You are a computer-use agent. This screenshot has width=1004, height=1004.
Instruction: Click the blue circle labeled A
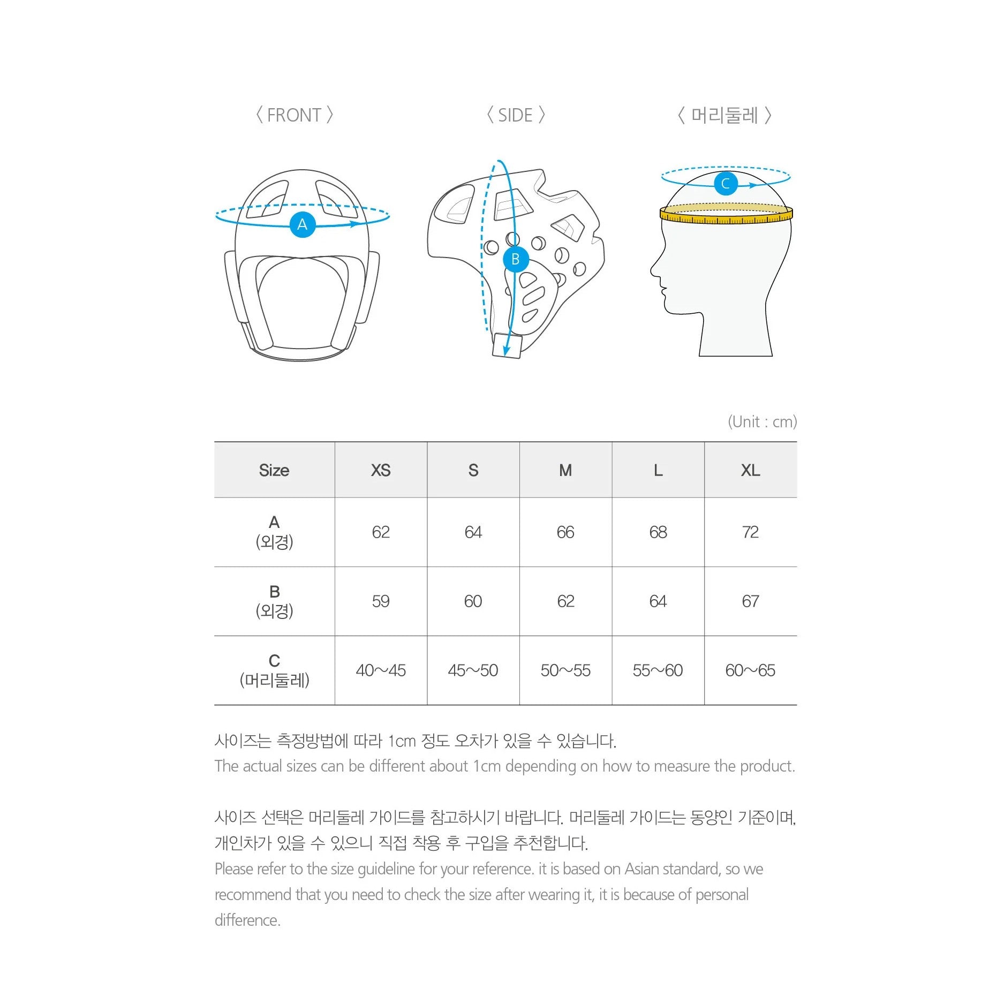click(x=303, y=224)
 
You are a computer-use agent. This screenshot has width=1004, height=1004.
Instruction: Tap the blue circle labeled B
click(x=516, y=259)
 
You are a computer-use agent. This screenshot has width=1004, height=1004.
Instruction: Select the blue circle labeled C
click(x=726, y=184)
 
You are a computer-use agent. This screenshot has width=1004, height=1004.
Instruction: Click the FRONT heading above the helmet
click(x=294, y=115)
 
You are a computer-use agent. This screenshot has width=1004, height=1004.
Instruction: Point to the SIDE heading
click(x=516, y=115)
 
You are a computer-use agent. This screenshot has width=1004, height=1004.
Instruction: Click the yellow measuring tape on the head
click(x=726, y=214)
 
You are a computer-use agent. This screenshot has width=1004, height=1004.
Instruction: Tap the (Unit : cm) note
click(x=762, y=422)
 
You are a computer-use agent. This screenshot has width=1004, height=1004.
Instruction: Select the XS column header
click(x=381, y=470)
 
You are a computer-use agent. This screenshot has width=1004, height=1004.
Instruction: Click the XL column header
click(x=750, y=470)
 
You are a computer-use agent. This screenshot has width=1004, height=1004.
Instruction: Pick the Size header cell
click(x=274, y=470)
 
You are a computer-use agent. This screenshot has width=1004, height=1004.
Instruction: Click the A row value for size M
click(x=565, y=532)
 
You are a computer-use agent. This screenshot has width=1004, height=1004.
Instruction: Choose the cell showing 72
click(x=750, y=532)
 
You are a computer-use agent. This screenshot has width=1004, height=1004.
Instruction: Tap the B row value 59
click(x=381, y=601)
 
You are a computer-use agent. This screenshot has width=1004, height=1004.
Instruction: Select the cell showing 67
click(x=750, y=601)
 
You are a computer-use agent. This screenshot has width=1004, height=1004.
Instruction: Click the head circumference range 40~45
click(x=381, y=670)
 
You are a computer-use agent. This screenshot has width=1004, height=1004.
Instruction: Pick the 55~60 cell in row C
click(x=658, y=670)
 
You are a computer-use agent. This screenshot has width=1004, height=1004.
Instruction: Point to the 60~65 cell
click(x=750, y=670)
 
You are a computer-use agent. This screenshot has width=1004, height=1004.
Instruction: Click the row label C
click(x=274, y=661)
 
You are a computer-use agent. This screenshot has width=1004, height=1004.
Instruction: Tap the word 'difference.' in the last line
click(x=247, y=920)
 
